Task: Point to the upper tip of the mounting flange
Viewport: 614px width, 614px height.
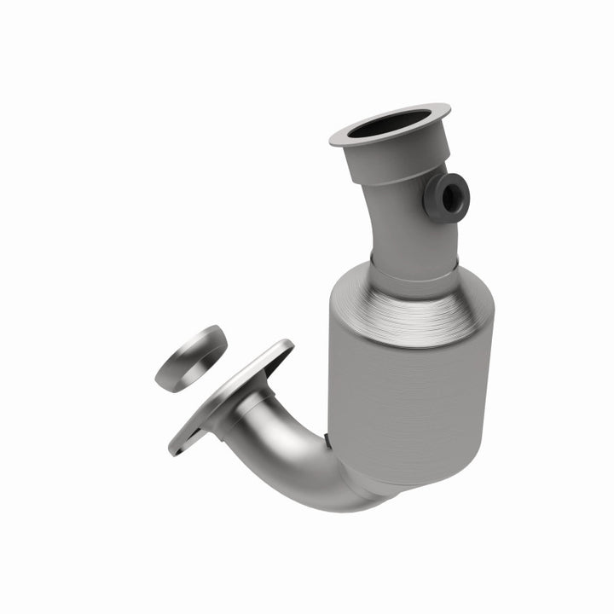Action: point(285,345)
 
